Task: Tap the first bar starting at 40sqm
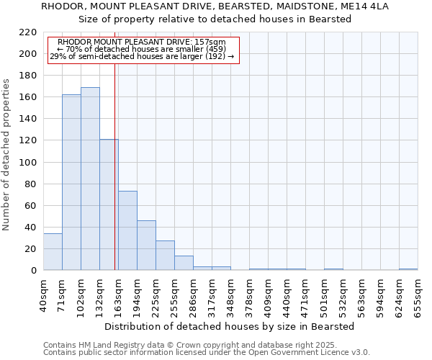53,252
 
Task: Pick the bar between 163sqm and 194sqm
127,230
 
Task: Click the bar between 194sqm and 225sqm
146,246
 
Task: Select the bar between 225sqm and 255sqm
165,256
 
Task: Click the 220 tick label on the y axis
28,32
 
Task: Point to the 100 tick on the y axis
28,163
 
